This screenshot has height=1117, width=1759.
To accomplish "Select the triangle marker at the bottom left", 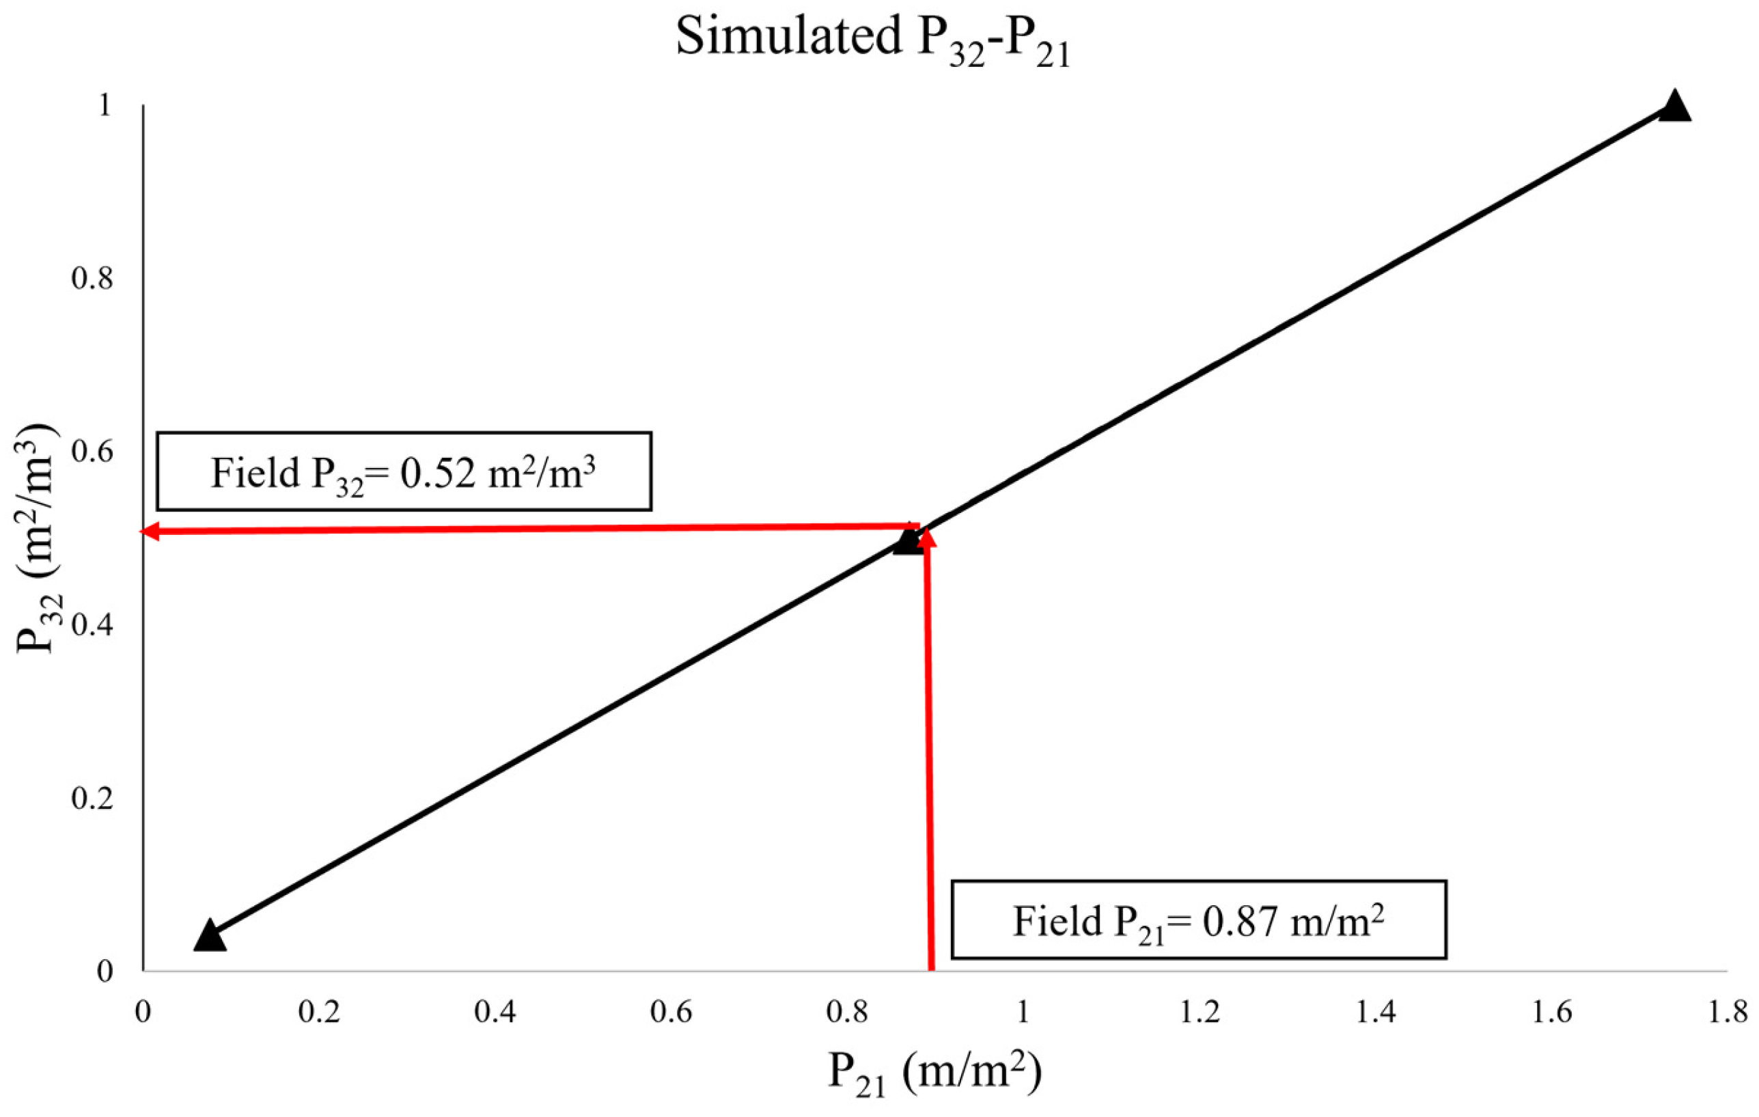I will coord(210,937).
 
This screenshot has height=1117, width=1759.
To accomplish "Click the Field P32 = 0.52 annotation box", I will coord(403,471).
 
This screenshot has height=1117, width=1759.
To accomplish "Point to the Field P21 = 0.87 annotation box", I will coord(1198,920).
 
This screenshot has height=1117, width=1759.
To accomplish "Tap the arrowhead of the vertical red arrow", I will coord(926,539).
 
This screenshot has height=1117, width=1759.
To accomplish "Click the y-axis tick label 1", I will coord(104,107).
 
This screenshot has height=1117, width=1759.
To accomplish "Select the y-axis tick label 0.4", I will coord(93,626).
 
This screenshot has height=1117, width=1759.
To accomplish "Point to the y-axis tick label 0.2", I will coord(93,799).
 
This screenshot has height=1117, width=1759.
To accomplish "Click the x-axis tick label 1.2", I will coord(1200,1012).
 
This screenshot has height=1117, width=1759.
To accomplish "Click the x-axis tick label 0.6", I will coord(672,1012).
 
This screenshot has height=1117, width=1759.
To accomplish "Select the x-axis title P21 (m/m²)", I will coord(934,1073).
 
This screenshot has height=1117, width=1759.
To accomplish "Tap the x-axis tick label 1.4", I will coord(1376,1012).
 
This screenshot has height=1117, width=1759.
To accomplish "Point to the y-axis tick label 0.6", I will coord(93,453).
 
